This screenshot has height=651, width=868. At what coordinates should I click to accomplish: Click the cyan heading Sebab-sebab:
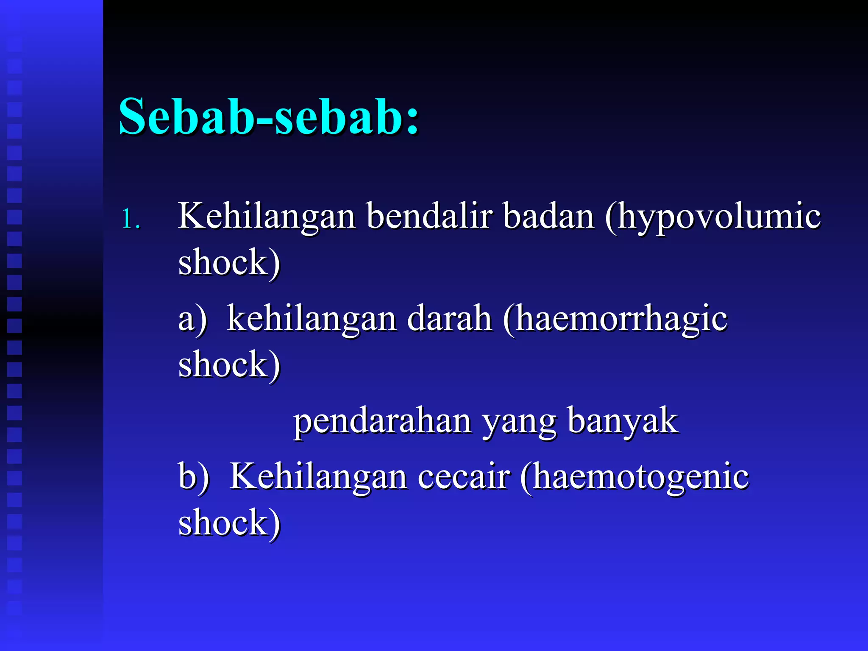coord(269,117)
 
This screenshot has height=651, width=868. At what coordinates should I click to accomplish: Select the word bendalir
coord(429,216)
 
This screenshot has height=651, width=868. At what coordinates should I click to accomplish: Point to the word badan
coord(549,216)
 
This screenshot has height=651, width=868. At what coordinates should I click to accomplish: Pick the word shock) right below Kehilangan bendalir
coord(229,263)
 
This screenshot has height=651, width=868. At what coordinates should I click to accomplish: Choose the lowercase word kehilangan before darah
coord(312,319)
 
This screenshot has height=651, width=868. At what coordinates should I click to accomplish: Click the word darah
coord(450,319)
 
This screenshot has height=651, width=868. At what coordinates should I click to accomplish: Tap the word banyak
coord(623,422)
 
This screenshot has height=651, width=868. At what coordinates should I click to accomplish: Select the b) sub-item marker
coord(194,477)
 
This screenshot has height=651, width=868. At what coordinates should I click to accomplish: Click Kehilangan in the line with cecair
coord(318,477)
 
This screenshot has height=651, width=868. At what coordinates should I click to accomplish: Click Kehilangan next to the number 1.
coord(267,216)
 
